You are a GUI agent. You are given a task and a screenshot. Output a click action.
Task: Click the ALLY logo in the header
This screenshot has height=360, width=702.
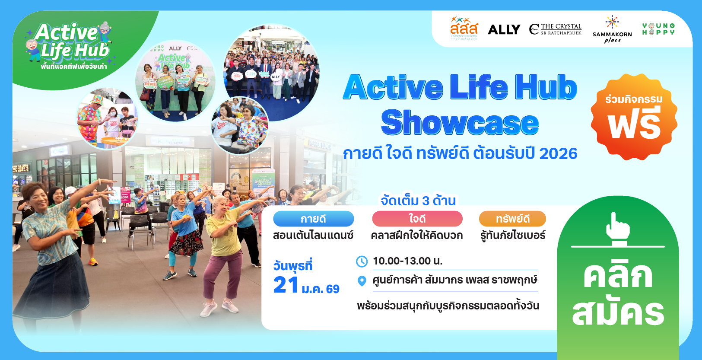click(x=504, y=29)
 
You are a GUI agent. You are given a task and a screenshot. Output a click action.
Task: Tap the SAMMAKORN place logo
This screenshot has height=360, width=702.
click(x=612, y=30)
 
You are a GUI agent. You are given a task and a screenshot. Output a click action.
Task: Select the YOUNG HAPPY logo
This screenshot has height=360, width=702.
click(x=658, y=29)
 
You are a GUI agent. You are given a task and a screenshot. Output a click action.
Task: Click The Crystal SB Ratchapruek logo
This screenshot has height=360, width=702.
click(x=556, y=29)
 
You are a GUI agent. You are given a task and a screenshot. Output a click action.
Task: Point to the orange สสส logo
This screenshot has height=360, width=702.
click(x=464, y=28)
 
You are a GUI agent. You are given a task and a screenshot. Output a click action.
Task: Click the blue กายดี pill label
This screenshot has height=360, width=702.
click(x=313, y=219)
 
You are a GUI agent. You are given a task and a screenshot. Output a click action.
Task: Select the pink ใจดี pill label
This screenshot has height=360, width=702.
click(x=417, y=219)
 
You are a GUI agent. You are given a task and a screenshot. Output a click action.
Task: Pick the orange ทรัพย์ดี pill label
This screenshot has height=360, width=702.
click(x=512, y=219)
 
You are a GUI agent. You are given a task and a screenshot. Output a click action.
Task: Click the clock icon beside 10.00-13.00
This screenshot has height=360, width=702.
click(x=362, y=261)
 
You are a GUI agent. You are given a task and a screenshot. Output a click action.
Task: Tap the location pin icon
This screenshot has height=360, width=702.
click(x=362, y=281)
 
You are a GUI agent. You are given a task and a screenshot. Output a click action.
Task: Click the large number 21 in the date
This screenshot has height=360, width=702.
click(x=286, y=285)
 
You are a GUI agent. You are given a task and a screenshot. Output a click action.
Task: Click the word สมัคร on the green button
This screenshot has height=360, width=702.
click(x=618, y=312)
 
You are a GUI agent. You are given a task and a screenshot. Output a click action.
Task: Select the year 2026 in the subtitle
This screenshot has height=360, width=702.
click(x=558, y=153)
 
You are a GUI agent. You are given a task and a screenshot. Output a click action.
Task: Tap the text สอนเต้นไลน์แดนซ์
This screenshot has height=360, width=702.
click(x=313, y=236)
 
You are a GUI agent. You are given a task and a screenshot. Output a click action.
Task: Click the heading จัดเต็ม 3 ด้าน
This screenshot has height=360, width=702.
click(x=418, y=201)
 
